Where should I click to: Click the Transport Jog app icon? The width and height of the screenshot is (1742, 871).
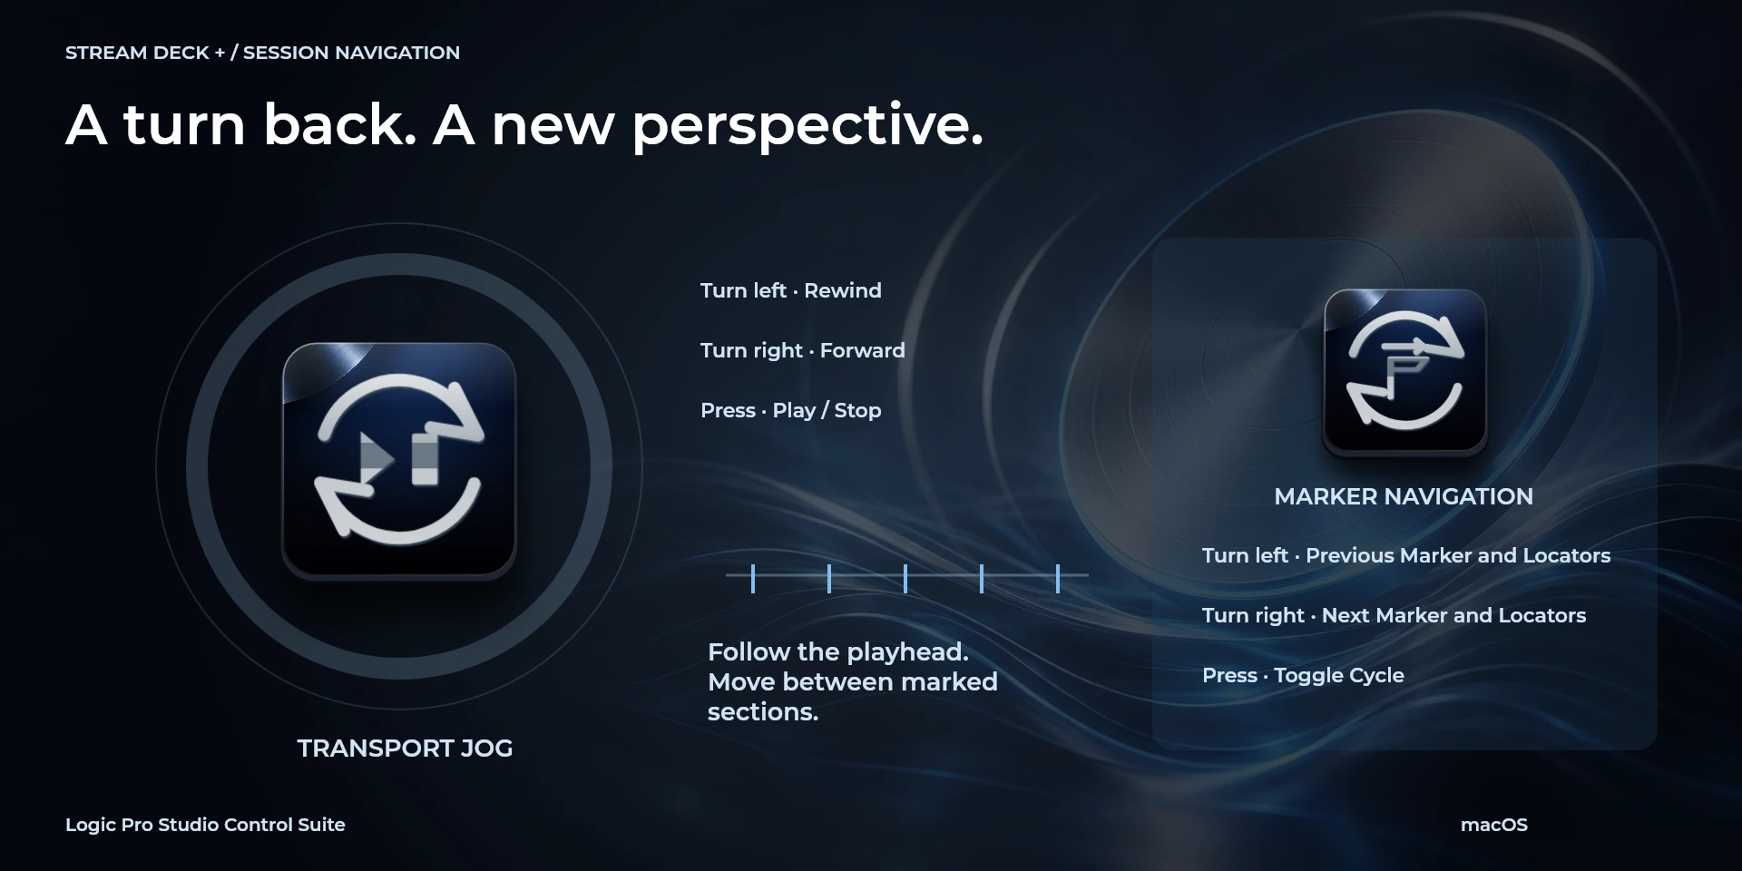coord(399,460)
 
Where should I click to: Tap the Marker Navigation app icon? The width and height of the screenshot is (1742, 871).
coord(1404,372)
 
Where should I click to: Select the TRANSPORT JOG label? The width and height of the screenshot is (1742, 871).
coord(405,749)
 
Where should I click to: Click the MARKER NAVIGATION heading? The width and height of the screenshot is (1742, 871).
coord(1404,496)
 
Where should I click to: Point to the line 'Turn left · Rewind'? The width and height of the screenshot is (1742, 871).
coord(790,290)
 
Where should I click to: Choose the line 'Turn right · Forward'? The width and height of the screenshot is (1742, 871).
coord(802,350)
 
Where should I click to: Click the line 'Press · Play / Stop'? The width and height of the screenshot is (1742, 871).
coord(790,410)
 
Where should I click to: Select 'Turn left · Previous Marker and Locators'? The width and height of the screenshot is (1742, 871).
coord(1405,555)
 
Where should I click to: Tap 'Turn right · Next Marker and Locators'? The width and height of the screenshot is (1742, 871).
coord(1394,615)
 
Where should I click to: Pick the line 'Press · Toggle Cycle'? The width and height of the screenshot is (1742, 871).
coord(1303,675)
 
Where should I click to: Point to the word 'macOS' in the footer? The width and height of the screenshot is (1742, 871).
coord(1493,825)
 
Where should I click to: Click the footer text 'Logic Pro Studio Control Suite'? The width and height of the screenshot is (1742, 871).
coord(205,825)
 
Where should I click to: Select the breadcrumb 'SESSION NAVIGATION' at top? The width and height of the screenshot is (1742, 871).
coord(351,53)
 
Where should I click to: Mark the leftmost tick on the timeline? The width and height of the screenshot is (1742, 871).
coord(753,578)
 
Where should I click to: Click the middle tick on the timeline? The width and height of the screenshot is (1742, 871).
coord(905,578)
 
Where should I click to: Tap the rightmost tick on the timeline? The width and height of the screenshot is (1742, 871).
coord(1058,578)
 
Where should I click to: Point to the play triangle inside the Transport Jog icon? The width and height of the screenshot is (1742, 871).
coord(377,459)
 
